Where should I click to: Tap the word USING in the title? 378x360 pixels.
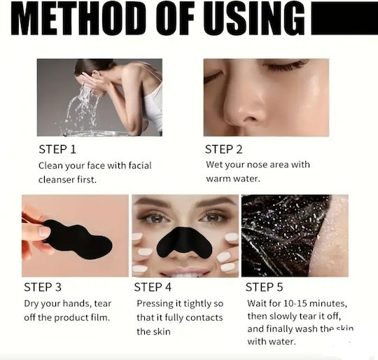(x=254, y=19)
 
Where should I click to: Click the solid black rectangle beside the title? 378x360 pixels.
(x=344, y=19)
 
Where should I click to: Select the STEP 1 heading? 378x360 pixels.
(x=57, y=149)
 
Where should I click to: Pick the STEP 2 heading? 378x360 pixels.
(x=223, y=149)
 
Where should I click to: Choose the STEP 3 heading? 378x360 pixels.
(x=43, y=287)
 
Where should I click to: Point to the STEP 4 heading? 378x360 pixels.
(x=153, y=287)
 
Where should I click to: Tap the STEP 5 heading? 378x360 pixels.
(x=264, y=287)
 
